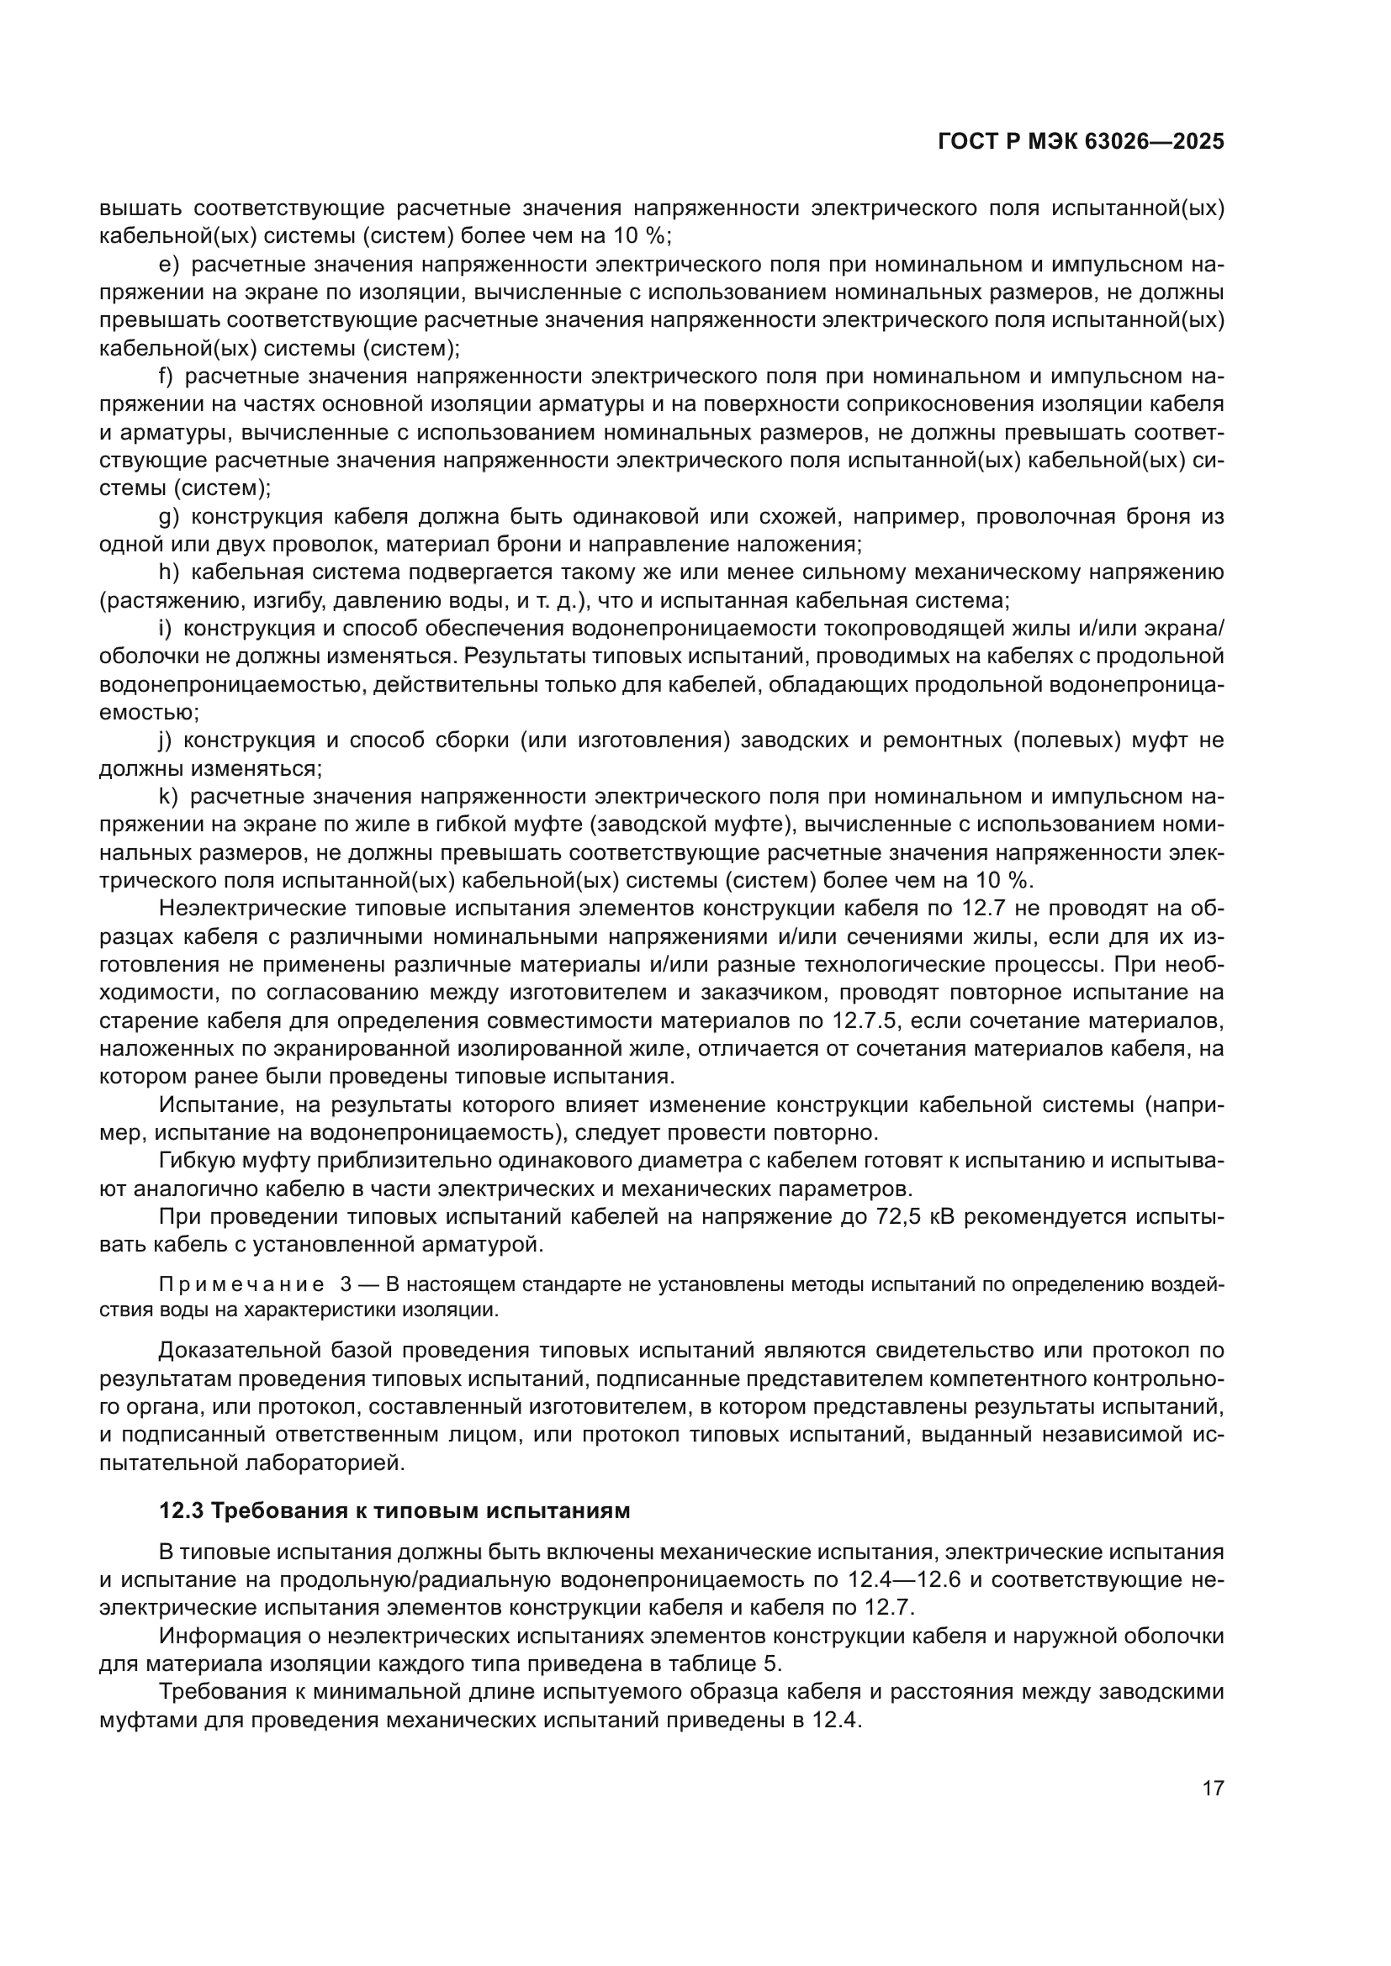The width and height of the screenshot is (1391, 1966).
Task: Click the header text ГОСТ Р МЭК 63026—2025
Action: (x=1081, y=142)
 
